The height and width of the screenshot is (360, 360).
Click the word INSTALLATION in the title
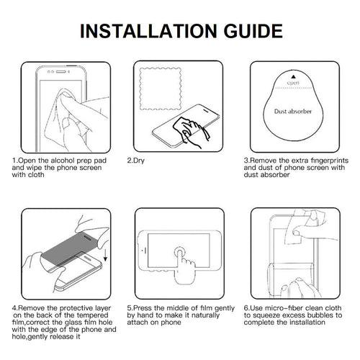pyautogui.click(x=148, y=31)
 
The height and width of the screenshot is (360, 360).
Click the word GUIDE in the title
pyautogui.click(x=253, y=31)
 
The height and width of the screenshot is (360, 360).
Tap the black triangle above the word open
pyautogui.click(x=293, y=77)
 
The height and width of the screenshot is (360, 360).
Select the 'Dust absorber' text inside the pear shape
pyautogui.click(x=293, y=112)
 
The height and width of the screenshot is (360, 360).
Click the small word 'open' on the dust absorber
pyautogui.click(x=293, y=83)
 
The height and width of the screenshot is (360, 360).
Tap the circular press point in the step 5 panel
pyautogui.click(x=179, y=253)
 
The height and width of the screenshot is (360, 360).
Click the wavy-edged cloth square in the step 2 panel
pyautogui.click(x=161, y=89)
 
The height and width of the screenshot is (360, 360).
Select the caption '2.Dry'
pyautogui.click(x=136, y=161)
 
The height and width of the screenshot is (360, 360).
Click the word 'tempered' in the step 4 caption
pyautogui.click(x=92, y=315)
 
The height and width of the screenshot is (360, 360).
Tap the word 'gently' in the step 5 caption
pyautogui.click(x=225, y=308)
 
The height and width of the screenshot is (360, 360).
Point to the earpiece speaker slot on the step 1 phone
pyautogui.click(x=60, y=72)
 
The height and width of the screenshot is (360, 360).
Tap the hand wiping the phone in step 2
pyautogui.click(x=190, y=131)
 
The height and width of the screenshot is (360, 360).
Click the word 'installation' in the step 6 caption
pyautogui.click(x=308, y=323)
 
